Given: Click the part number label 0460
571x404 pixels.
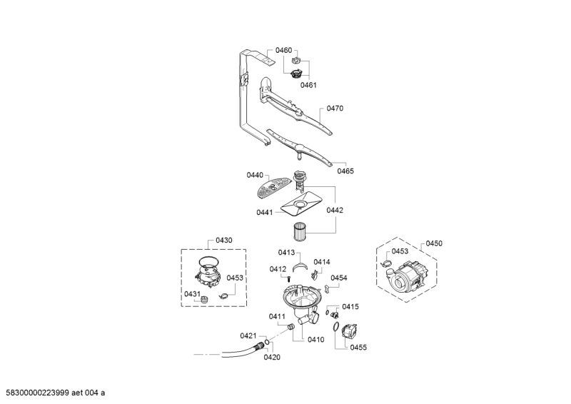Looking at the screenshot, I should tap(283, 51).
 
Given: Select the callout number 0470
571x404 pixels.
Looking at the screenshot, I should tap(335, 108).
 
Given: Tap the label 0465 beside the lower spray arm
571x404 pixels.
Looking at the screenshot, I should tap(345, 171).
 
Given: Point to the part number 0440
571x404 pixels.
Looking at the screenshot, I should tap(255, 175).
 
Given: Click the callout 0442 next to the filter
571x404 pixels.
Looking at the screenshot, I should tap(335, 210).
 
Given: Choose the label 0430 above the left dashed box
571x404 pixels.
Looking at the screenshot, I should tap(223, 241).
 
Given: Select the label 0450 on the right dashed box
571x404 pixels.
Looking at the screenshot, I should tap(434, 243).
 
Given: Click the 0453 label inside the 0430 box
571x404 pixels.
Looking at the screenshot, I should tap(236, 278).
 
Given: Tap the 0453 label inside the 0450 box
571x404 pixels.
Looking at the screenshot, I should tap(400, 251).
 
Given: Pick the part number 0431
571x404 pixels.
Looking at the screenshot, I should tap(192, 294).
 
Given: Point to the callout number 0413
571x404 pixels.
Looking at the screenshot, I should tap(286, 253).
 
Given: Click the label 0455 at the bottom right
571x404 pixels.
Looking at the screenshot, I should tap(358, 347).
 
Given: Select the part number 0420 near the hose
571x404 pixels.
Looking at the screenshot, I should tap(271, 357).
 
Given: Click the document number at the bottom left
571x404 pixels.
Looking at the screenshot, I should tap(55, 393).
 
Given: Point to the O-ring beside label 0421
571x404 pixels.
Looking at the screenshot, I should tap(266, 343).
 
